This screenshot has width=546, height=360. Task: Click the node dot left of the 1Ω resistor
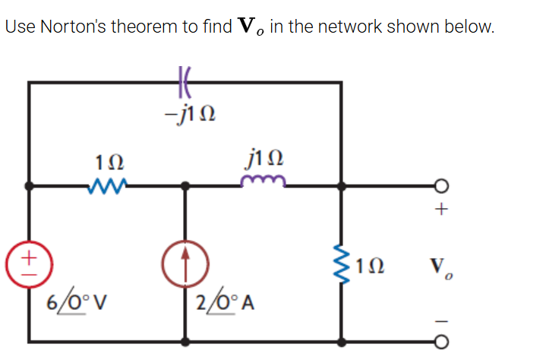[x=29, y=185]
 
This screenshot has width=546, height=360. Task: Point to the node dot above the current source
[x=185, y=185]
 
